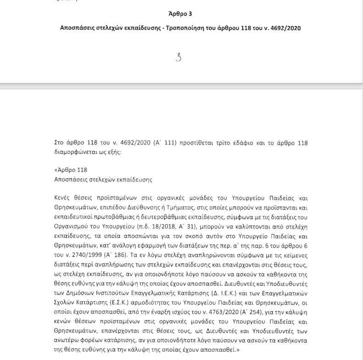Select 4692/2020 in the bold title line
(x=285, y=28)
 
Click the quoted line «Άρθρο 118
(x=70, y=170)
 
